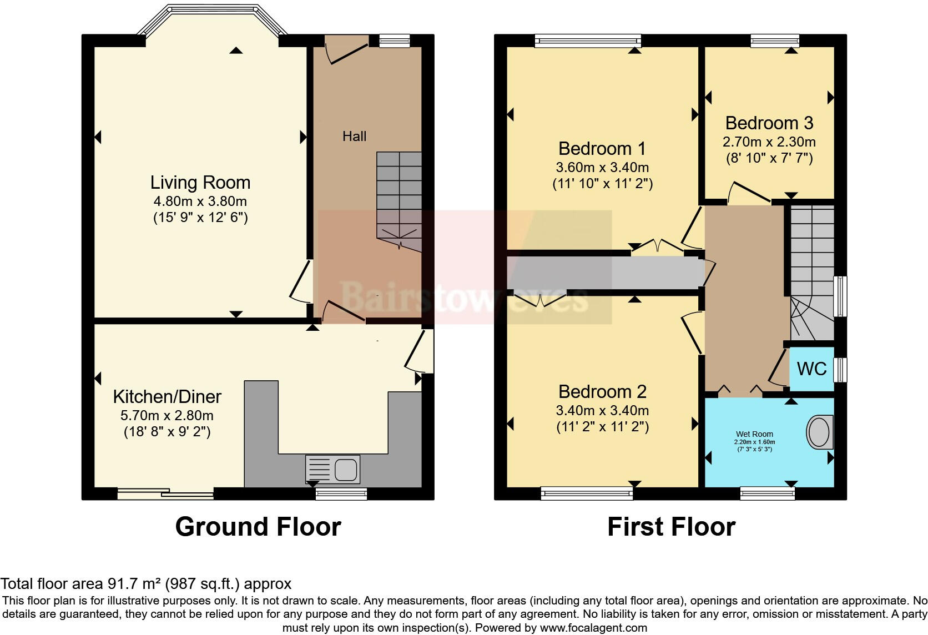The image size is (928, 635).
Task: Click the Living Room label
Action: pyautogui.click(x=200, y=183)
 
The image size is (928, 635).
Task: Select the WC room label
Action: pyautogui.click(x=811, y=369)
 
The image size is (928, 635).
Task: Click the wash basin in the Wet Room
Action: pyautogui.click(x=819, y=432)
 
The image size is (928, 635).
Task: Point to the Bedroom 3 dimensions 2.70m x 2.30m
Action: pyautogui.click(x=769, y=142)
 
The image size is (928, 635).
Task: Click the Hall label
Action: pyautogui.click(x=354, y=137)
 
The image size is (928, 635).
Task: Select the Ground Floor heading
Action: pyautogui.click(x=258, y=527)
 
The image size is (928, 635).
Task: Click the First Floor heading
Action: pyautogui.click(x=671, y=527)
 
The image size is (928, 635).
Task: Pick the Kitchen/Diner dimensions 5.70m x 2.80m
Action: pyautogui.click(x=167, y=416)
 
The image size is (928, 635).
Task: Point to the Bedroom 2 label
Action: pyautogui.click(x=602, y=392)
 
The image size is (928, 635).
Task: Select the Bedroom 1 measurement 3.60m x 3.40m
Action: pyautogui.click(x=602, y=168)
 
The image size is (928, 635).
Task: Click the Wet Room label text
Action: pyautogui.click(x=754, y=434)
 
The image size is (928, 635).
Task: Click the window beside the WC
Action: pyautogui.click(x=841, y=370)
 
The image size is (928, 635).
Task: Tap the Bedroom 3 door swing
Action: pyautogui.click(x=748, y=192)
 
